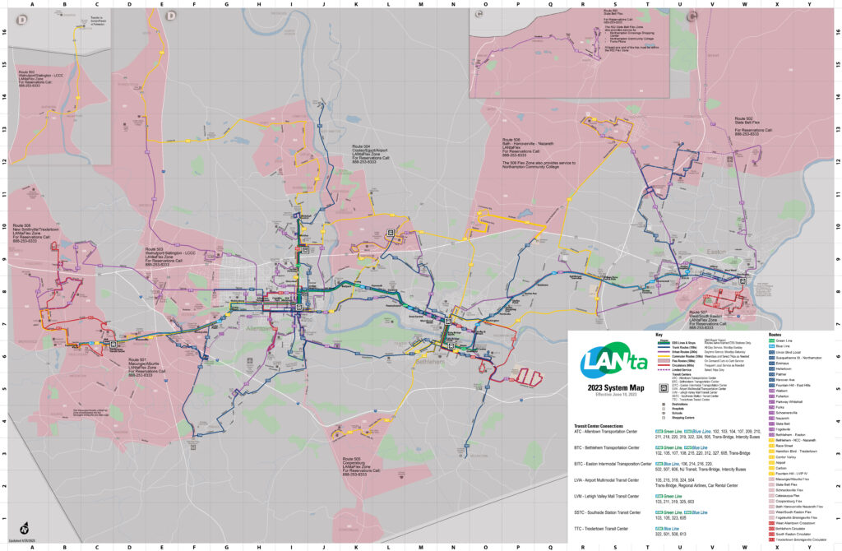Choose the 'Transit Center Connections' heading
tap(603, 425)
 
